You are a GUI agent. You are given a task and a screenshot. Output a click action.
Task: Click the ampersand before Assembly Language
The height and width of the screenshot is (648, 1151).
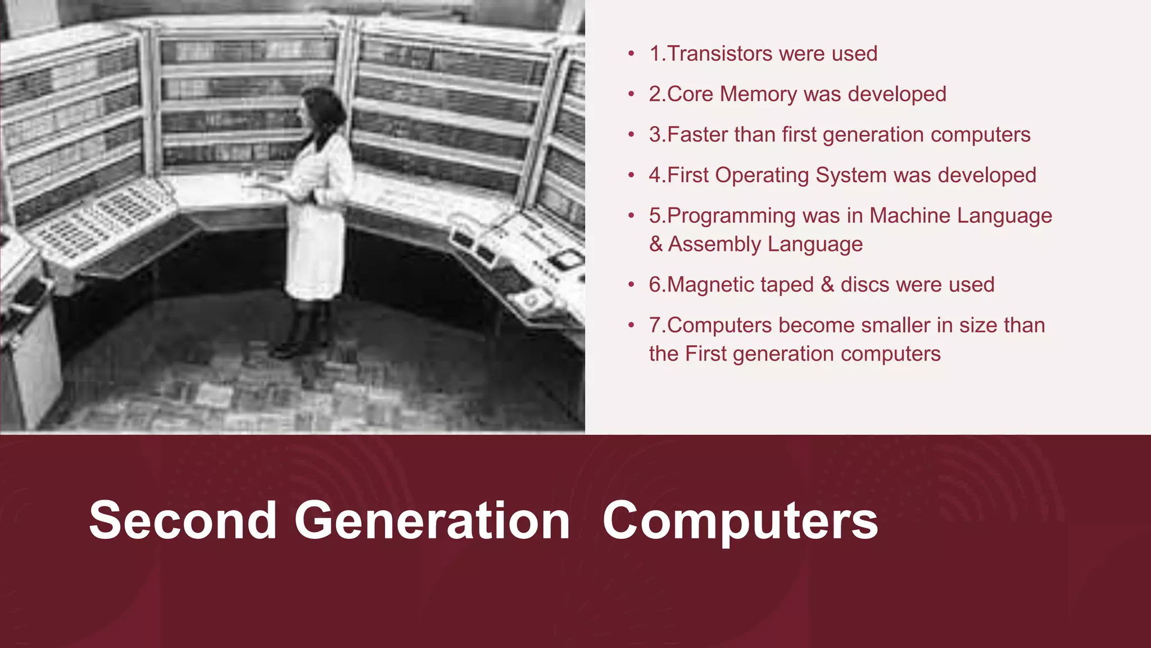(655, 245)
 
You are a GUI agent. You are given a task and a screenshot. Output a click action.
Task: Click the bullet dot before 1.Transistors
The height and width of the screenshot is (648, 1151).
(631, 55)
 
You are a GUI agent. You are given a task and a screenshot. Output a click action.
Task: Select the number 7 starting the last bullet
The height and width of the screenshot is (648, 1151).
(654, 326)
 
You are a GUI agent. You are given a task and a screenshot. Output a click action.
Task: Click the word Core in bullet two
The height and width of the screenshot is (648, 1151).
(691, 94)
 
